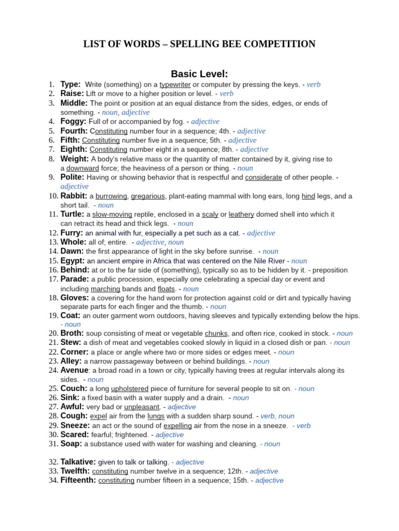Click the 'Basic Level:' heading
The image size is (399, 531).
click(199, 74)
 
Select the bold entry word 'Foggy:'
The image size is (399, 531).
click(73, 121)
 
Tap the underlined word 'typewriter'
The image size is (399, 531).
click(175, 85)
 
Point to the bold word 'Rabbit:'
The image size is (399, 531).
click(74, 196)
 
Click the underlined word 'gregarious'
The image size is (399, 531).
click(148, 196)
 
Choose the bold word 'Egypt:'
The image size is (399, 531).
click(73, 261)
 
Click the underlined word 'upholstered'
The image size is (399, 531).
click(130, 388)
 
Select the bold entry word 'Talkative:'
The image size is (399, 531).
click(78, 462)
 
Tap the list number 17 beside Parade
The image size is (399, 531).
click(54, 280)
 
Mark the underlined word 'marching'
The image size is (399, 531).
click(105, 289)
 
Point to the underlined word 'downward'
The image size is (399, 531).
click(83, 168)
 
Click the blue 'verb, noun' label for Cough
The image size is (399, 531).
click(277, 416)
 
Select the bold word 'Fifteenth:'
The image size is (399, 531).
click(78, 480)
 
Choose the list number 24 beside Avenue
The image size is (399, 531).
click(54, 370)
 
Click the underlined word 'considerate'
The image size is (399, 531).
click(263, 177)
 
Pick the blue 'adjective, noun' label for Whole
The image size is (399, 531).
click(159, 242)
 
